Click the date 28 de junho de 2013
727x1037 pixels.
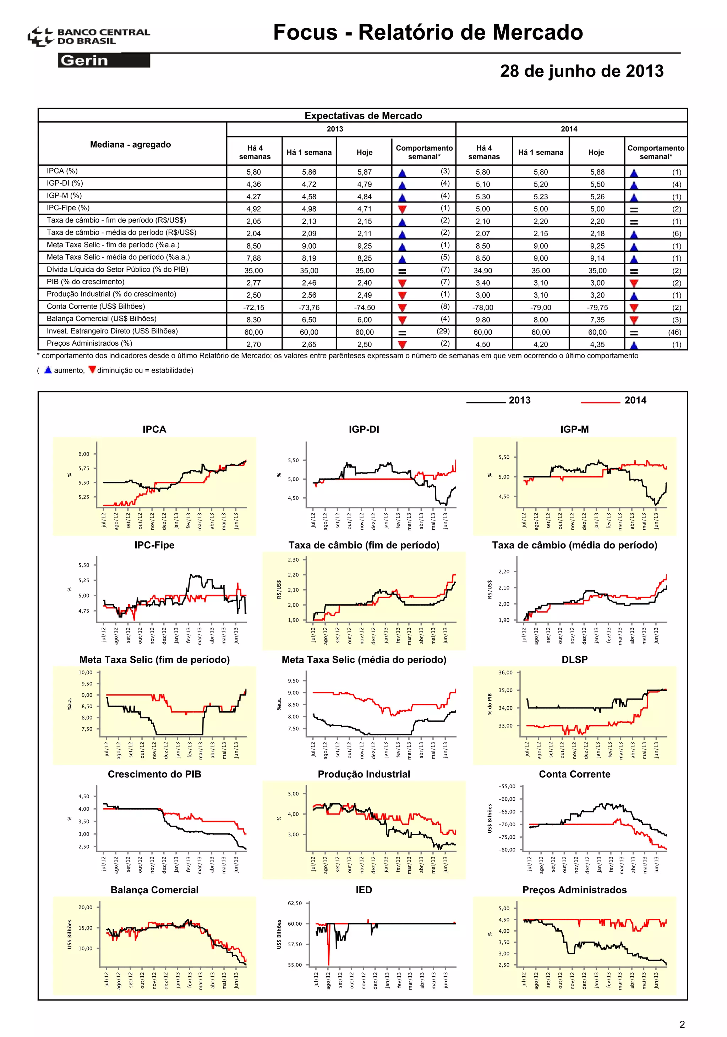click(x=581, y=71)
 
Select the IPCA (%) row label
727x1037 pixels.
click(x=62, y=171)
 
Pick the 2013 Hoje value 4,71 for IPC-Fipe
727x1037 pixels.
click(x=364, y=209)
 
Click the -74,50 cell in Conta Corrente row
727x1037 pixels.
click(x=364, y=308)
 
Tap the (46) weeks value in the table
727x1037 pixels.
click(x=674, y=332)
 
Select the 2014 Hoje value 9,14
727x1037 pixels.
click(x=597, y=258)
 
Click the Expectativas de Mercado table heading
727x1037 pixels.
click(x=363, y=116)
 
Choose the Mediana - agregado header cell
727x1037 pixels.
click(x=130, y=144)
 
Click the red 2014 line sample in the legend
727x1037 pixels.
click(x=600, y=402)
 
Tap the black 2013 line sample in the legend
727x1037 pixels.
click(x=485, y=402)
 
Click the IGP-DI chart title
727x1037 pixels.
click(x=364, y=429)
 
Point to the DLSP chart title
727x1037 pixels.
click(x=574, y=660)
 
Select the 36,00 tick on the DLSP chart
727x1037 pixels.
click(x=505, y=673)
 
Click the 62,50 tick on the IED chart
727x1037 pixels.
click(x=295, y=903)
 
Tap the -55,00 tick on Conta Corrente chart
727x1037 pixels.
click(x=507, y=786)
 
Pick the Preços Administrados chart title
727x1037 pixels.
click(x=574, y=890)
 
